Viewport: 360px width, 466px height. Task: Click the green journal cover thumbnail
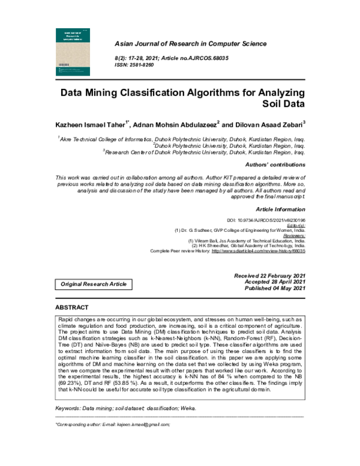pos(72,52)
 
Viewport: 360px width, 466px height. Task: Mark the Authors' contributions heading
pos(275,165)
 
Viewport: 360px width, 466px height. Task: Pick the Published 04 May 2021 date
pos(275,288)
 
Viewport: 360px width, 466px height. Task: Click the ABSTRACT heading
pos(71,307)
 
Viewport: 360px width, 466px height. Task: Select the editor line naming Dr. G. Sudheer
pos(239,230)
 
